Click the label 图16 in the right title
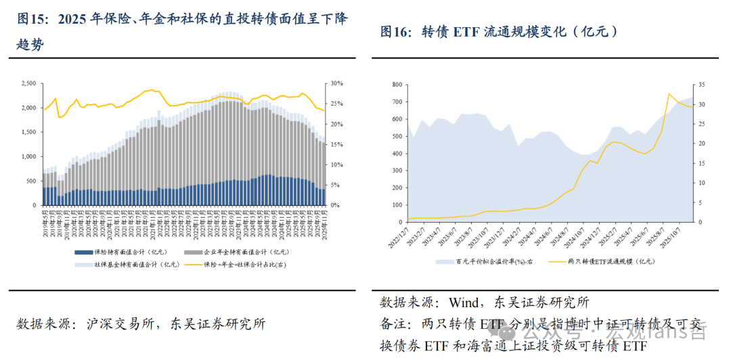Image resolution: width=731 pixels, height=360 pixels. click(x=395, y=31)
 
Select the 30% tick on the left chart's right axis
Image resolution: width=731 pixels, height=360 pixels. click(x=336, y=84)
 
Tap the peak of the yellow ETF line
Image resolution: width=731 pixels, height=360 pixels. click(x=669, y=93)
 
